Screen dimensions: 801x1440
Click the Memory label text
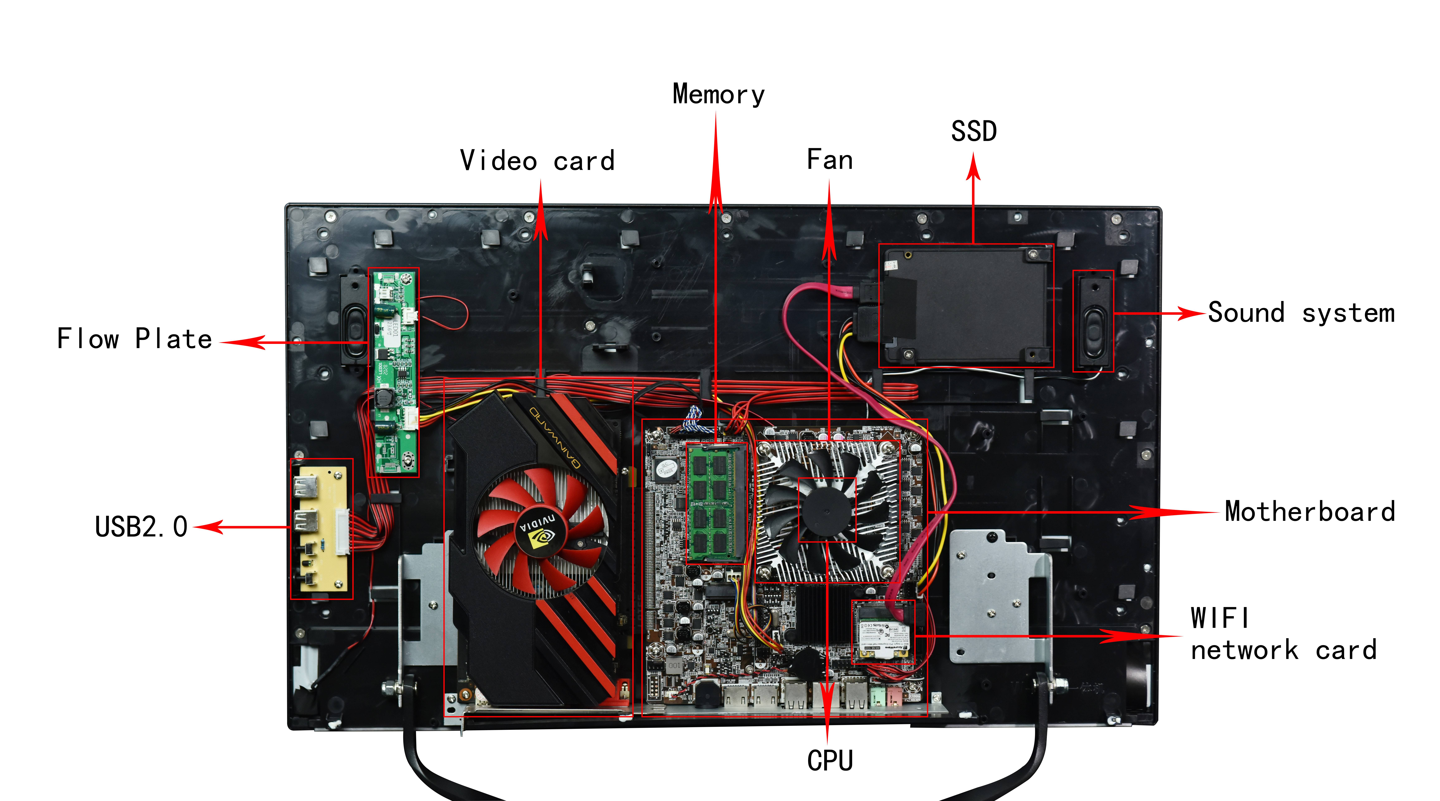[x=718, y=94]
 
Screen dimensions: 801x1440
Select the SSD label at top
[x=974, y=131]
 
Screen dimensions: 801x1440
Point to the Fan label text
[x=830, y=160]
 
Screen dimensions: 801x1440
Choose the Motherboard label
[x=1309, y=511]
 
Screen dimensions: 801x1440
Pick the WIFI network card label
[x=1283, y=634]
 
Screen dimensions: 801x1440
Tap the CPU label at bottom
[x=830, y=761]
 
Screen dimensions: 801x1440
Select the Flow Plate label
[x=135, y=339]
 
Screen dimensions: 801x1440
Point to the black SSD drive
[x=965, y=305]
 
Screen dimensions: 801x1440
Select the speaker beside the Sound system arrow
[x=1093, y=321]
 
